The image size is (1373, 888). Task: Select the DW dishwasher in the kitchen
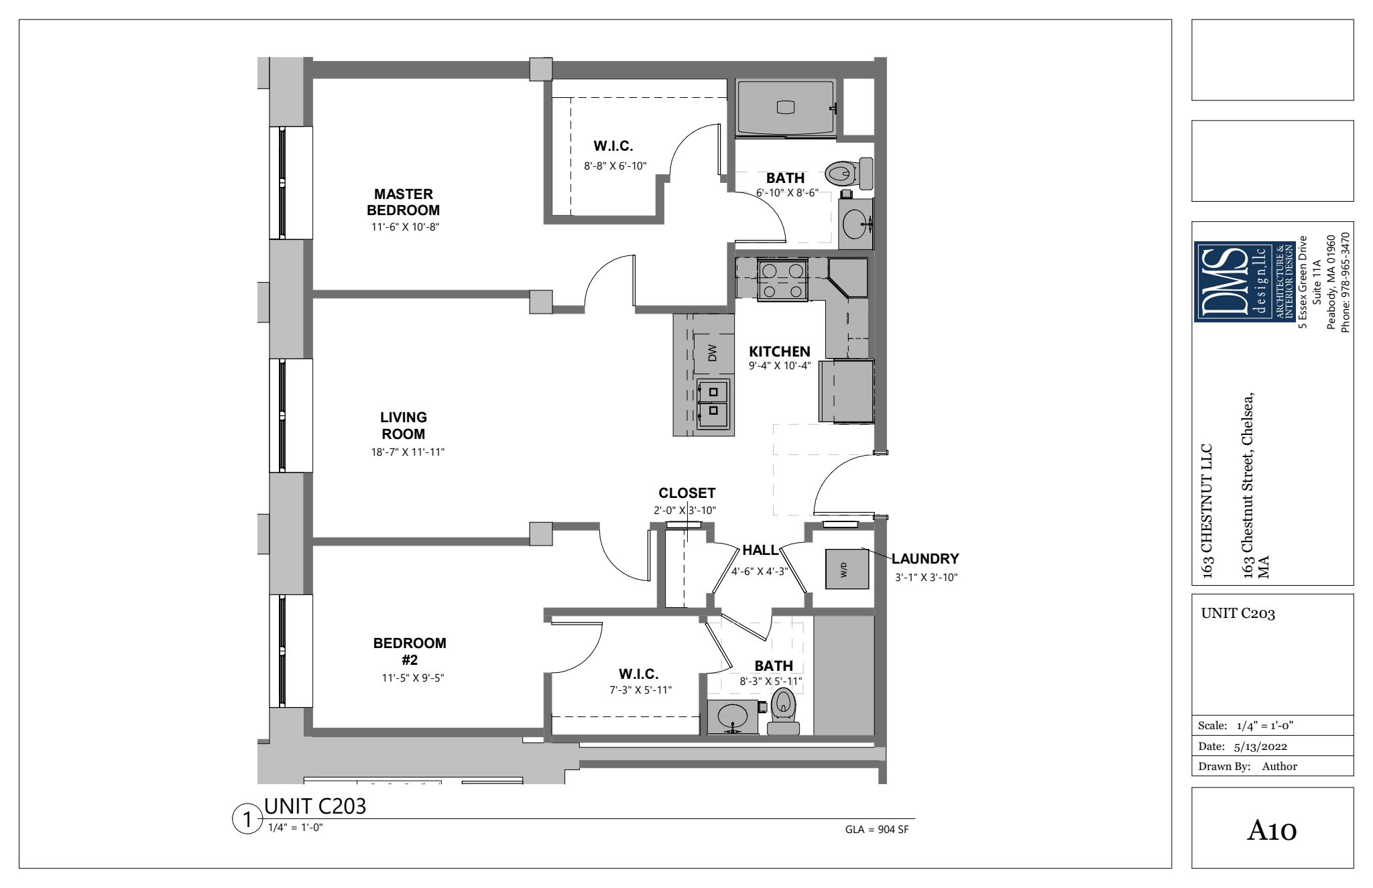point(712,353)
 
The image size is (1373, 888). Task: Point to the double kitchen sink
point(714,403)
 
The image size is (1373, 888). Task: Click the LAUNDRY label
point(925,558)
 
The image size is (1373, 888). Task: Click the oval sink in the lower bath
point(733,718)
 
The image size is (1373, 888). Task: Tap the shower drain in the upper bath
point(786,107)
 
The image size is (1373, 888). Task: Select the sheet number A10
point(1272,831)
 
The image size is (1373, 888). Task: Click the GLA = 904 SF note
point(877,830)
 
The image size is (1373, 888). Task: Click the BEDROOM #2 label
point(410,651)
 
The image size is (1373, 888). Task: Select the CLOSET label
point(687,493)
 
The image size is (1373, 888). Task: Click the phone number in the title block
point(1345,281)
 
